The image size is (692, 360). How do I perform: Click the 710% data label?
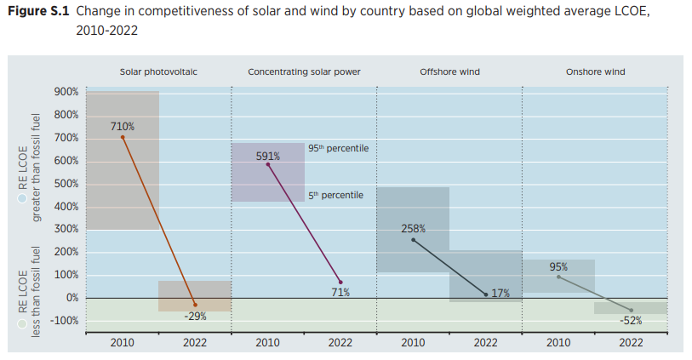pos(122,126)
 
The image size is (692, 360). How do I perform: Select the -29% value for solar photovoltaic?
pos(195,316)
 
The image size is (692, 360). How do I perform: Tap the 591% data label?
pos(268,156)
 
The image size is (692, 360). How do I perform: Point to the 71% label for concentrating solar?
pos(340,293)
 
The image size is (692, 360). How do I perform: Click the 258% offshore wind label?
pos(413,229)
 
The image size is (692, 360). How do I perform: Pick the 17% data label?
pos(500,293)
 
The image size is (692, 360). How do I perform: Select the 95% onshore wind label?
pos(558,267)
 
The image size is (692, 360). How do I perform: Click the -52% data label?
pos(631,321)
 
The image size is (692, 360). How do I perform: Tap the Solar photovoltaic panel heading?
pos(158,72)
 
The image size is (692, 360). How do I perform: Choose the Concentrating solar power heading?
pos(304,72)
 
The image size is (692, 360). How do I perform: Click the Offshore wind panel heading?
pos(449,72)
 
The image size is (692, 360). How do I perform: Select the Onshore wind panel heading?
pos(595,72)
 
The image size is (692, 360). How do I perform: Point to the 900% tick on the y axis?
pos(66,92)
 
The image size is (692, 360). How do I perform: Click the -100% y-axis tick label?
pos(64,321)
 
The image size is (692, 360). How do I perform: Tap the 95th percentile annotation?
pos(338,148)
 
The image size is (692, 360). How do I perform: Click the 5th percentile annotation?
pos(335,196)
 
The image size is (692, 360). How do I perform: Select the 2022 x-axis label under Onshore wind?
pos(631,343)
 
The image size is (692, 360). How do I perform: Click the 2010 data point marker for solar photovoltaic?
pos(122,137)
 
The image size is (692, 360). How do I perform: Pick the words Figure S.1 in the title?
pos(37,12)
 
